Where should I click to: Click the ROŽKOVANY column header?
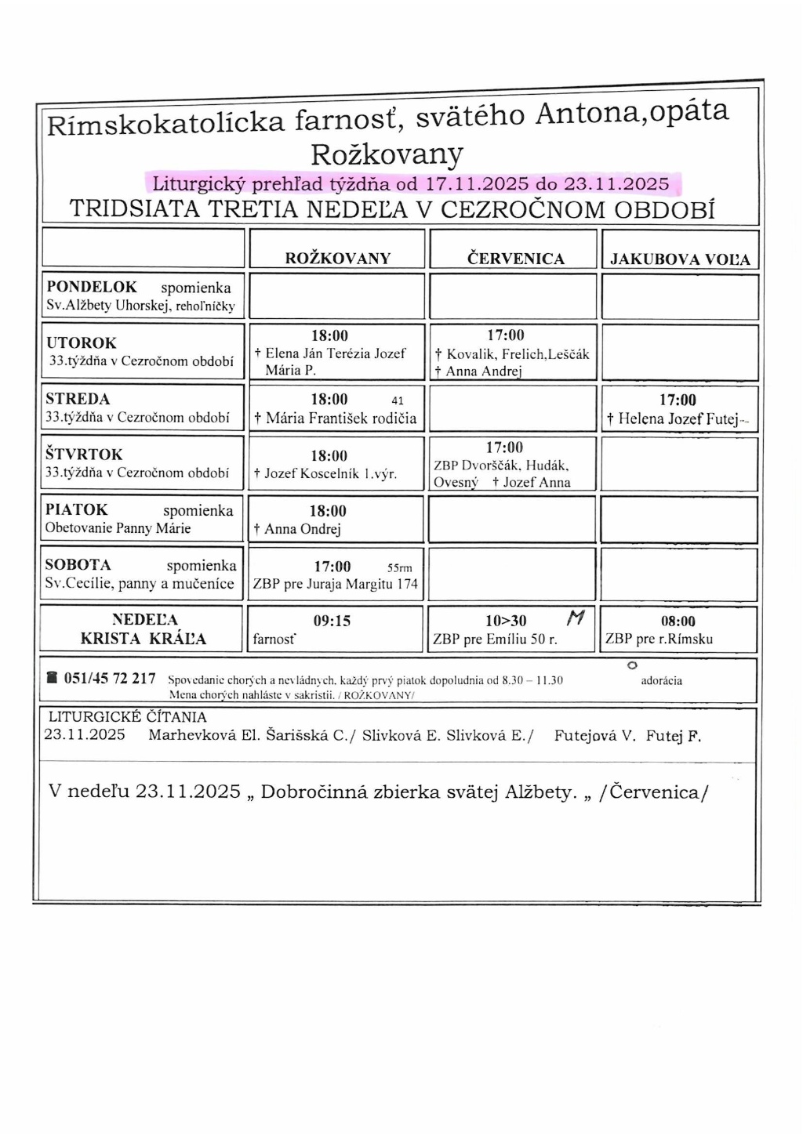(x=337, y=259)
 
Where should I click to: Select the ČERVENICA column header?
(x=515, y=259)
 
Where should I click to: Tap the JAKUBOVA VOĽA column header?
(x=680, y=259)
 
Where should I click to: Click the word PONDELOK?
(x=92, y=287)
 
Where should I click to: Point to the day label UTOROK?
(x=81, y=342)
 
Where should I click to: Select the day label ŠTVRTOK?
(x=84, y=455)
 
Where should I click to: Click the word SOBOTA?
(x=78, y=565)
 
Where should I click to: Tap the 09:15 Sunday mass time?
(x=332, y=621)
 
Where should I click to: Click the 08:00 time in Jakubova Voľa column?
(x=678, y=621)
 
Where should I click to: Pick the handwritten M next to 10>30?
(x=576, y=618)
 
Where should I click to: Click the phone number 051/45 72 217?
(x=110, y=679)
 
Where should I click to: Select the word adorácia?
(x=661, y=680)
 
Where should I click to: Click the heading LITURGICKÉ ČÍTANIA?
(x=128, y=717)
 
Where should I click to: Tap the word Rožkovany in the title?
(x=387, y=154)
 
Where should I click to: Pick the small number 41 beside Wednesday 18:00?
(x=398, y=400)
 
